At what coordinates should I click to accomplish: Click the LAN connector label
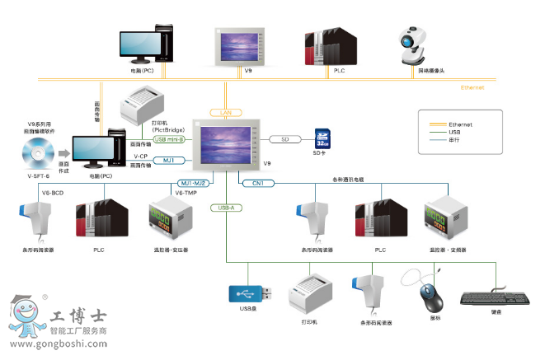click(x=225, y=112)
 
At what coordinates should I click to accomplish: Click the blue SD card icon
click(x=322, y=138)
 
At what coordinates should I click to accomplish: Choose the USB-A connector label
click(x=224, y=208)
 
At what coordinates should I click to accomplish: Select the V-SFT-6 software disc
click(x=33, y=153)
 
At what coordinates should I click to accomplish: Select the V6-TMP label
click(x=184, y=192)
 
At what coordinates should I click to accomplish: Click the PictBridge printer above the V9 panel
click(x=142, y=104)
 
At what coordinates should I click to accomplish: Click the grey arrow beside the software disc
click(x=63, y=153)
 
